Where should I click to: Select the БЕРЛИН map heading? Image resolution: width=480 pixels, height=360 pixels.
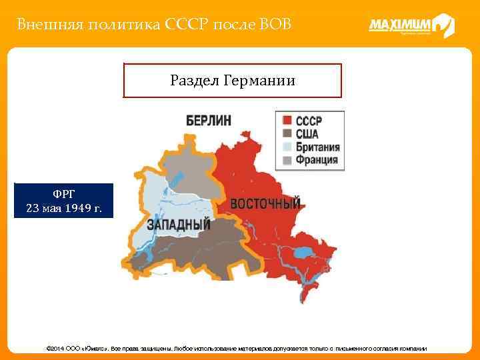[x=209, y=120]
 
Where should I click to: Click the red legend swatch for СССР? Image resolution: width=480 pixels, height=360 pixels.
[x=286, y=121]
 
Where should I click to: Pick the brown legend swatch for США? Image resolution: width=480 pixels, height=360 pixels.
[x=286, y=134]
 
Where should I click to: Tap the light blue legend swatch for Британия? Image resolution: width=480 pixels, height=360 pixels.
[x=286, y=147]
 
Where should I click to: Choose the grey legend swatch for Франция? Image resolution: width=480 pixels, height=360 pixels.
[x=286, y=160]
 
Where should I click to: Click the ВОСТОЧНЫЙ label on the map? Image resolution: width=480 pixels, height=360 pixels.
[x=265, y=203]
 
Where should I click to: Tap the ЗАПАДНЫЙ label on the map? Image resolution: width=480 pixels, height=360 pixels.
[x=179, y=224]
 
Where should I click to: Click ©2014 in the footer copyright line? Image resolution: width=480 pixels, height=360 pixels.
[x=55, y=349]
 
